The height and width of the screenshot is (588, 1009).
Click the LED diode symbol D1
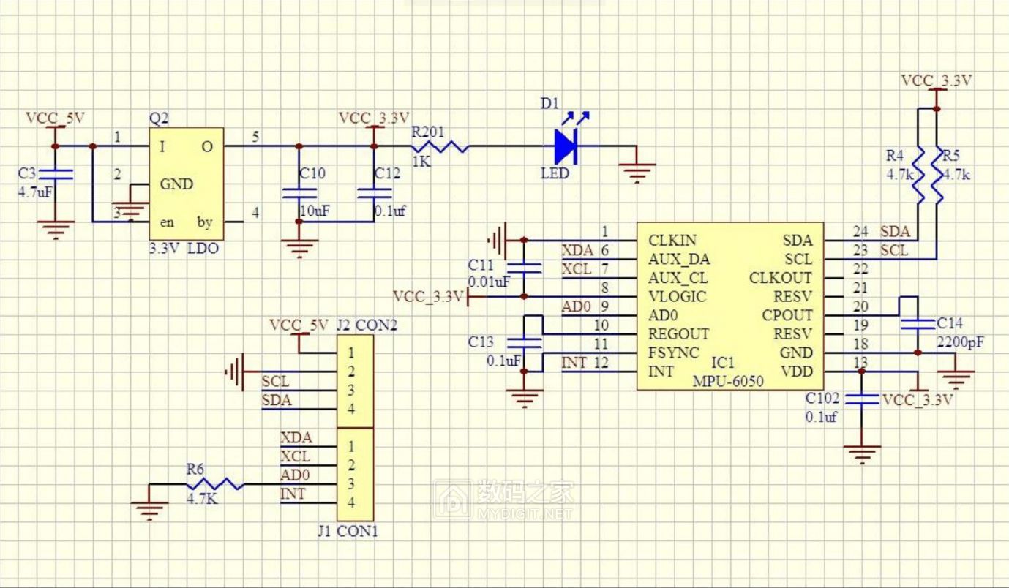click(x=565, y=146)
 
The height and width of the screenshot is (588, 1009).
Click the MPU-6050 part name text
click(x=728, y=381)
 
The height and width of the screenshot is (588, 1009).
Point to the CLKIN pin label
click(x=672, y=240)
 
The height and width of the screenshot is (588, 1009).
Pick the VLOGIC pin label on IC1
click(x=677, y=296)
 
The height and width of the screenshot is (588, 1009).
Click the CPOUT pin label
click(x=787, y=315)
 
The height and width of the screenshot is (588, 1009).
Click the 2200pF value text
click(x=960, y=342)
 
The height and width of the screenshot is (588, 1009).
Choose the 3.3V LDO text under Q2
click(x=183, y=248)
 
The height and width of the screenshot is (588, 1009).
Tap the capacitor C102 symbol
click(x=862, y=399)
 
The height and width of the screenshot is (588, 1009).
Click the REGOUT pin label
click(x=678, y=333)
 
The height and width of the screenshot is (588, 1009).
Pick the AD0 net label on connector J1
click(x=295, y=475)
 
